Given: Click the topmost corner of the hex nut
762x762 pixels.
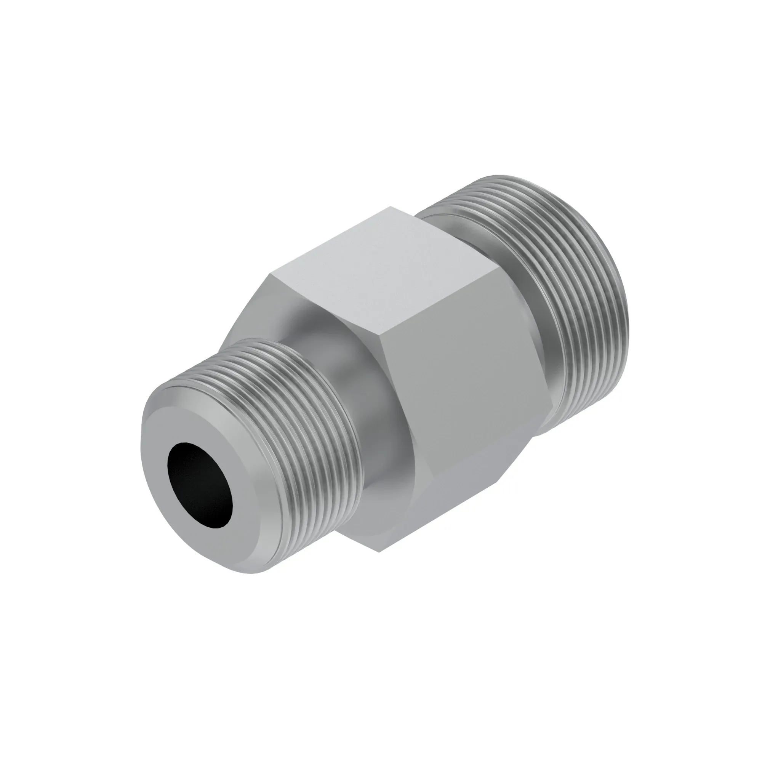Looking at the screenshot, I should pyautogui.click(x=391, y=206).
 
